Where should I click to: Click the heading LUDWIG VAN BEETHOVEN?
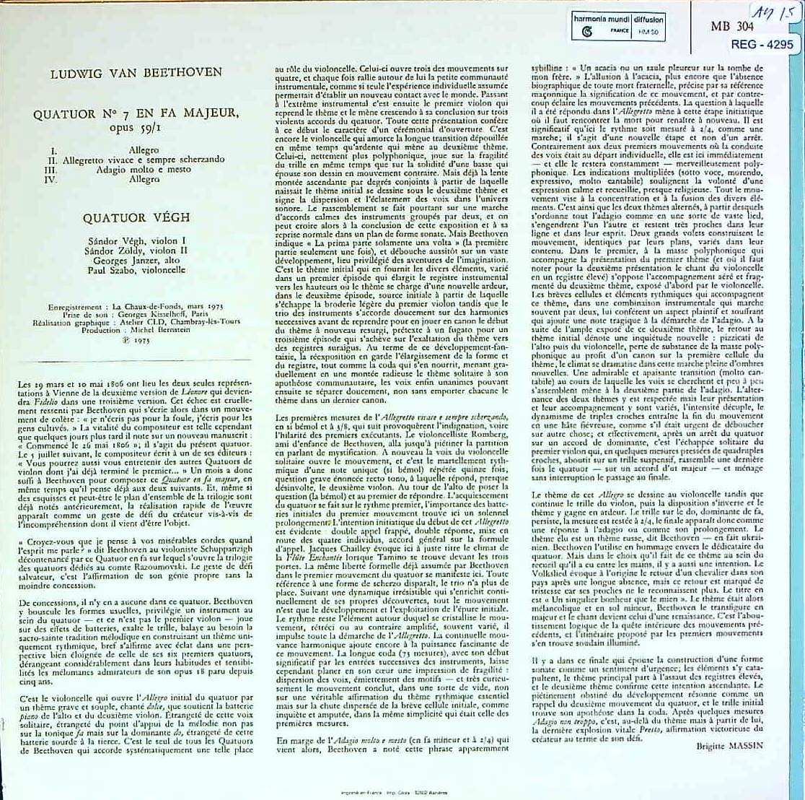coord(136,73)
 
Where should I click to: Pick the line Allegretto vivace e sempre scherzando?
coord(144,159)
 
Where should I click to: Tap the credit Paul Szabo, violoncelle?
coord(144,269)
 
